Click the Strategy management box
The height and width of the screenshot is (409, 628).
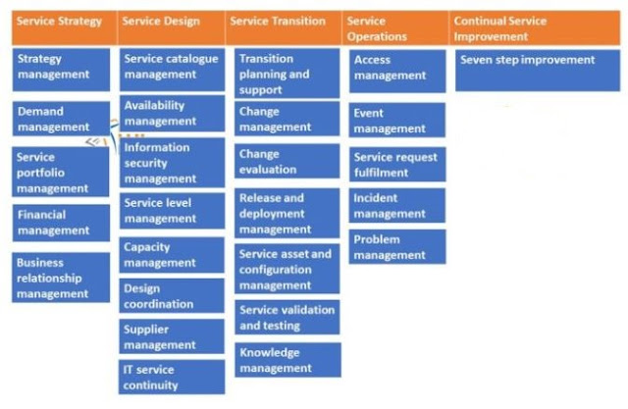coord(62,66)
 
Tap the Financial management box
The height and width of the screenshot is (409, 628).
coord(62,223)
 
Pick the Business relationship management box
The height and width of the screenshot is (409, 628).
coord(62,278)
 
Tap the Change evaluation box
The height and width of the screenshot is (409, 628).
coord(287,161)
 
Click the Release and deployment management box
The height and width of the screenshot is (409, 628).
coord(287,213)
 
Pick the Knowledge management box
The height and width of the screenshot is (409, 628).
coord(287,360)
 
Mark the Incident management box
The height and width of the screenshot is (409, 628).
coord(396,206)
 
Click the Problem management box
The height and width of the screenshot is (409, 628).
coord(396,247)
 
